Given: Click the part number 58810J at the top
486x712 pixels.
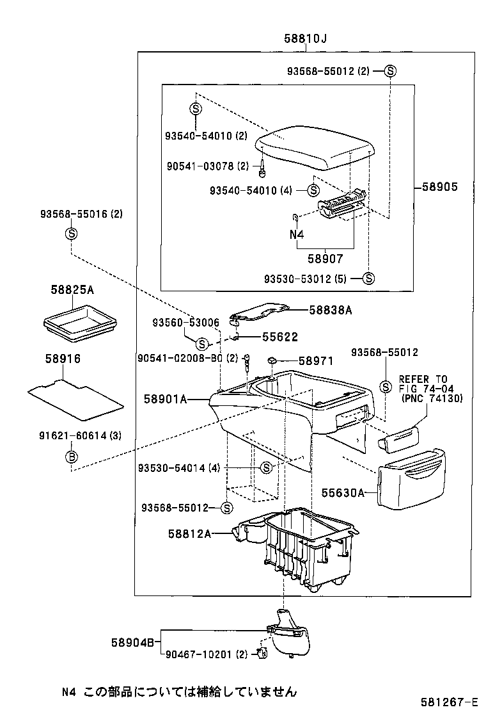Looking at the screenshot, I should click(x=305, y=39).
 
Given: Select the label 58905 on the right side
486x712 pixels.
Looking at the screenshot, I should click(x=439, y=187).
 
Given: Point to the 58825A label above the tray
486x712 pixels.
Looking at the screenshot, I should click(x=72, y=290).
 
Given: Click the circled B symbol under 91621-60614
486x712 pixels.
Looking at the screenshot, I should click(x=72, y=456).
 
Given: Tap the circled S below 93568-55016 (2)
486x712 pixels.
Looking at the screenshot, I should click(x=72, y=234).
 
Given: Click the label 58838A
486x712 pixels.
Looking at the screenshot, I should click(x=331, y=310).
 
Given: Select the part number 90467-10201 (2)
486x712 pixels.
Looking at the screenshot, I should click(x=206, y=654).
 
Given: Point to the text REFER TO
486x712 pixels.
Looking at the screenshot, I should click(x=423, y=379).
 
